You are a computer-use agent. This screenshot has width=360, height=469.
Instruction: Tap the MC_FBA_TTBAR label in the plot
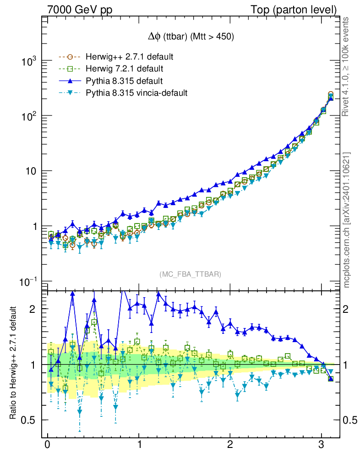tap(191, 274)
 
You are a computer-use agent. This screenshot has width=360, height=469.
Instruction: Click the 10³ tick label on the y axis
tap(31, 61)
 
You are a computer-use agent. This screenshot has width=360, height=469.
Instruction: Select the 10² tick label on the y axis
tap(31, 116)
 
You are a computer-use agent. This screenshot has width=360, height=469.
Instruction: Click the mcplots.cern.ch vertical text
tap(347, 220)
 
